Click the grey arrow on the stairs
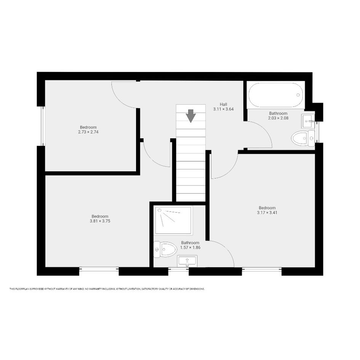[x=190, y=116]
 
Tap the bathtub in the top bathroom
[x=276, y=95]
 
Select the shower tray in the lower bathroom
[x=173, y=221]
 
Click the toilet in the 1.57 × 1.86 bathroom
[x=165, y=250]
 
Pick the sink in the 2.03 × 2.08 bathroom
[x=308, y=121]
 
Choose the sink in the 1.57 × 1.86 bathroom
[x=187, y=261]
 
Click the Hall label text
[x=223, y=104]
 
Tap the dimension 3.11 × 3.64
[x=223, y=109]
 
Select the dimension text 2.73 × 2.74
[x=88, y=132]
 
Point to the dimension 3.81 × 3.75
[x=100, y=221]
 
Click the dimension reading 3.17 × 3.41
[x=267, y=213]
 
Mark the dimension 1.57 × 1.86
[x=190, y=248]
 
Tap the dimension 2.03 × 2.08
[x=278, y=118]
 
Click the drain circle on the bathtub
[x=298, y=95]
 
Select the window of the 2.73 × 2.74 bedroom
[x=43, y=126]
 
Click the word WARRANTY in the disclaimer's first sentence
[x=62, y=289]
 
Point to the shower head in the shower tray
[x=160, y=210]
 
